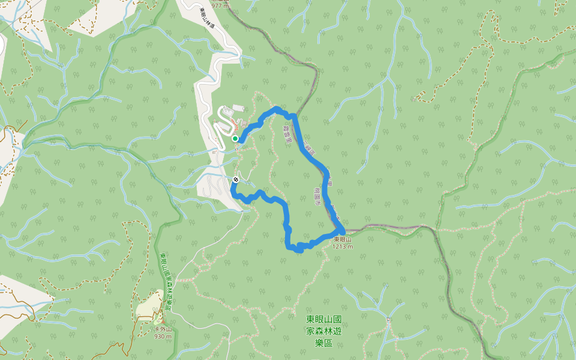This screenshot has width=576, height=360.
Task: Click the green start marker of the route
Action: (235, 139)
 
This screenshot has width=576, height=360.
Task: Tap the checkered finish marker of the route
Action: (235, 179)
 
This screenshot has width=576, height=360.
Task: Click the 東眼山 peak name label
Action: (342, 239)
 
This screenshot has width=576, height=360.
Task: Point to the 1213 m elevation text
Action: (342, 247)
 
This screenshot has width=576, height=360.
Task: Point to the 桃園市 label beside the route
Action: (316, 196)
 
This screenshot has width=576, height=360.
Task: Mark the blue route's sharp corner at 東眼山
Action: (342, 230)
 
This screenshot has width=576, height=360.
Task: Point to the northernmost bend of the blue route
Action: (277, 109)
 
